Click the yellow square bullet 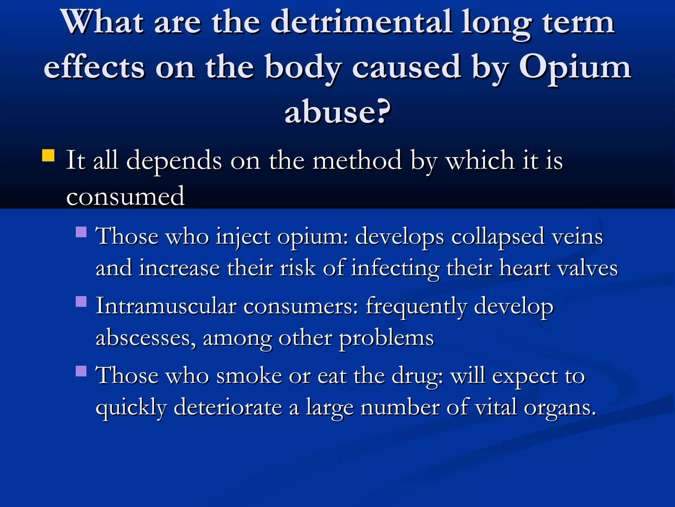pos(48,155)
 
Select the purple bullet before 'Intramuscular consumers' pos(81,301)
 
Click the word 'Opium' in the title pos(575,68)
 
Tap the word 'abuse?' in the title pos(337,112)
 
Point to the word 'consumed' pos(125,196)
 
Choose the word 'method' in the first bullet pos(357,160)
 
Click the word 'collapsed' pos(498,237)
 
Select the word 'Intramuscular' pos(166,306)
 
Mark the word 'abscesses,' pos(145,338)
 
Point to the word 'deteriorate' pos(228,407)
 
